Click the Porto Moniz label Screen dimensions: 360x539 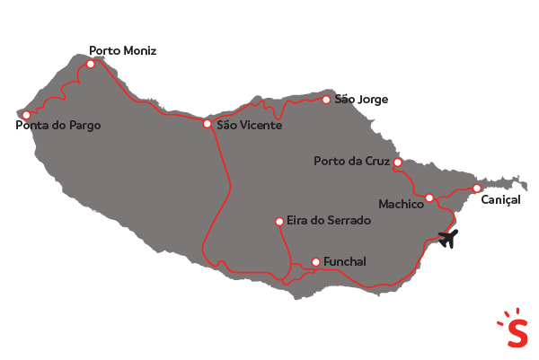pyautogui.click(x=122, y=51)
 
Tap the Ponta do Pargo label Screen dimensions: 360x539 pyautogui.click(x=58, y=126)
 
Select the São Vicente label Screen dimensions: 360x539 pyautogui.click(x=250, y=125)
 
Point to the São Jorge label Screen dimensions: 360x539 pyautogui.click(x=361, y=99)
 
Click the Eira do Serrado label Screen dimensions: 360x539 pyautogui.click(x=324, y=220)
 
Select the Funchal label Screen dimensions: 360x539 pyautogui.click(x=345, y=262)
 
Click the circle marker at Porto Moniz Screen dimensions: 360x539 pyautogui.click(x=90, y=64)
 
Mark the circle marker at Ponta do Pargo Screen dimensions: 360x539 pyautogui.click(x=26, y=115)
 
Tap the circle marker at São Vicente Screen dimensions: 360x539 pyautogui.click(x=207, y=124)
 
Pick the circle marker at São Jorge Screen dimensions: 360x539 pyautogui.click(x=326, y=99)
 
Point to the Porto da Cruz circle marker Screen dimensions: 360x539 pyautogui.click(x=398, y=162)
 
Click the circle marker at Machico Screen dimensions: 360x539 pyautogui.click(x=429, y=198)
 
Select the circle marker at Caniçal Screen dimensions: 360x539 pyautogui.click(x=476, y=188)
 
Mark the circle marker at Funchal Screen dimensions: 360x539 pyautogui.click(x=314, y=262)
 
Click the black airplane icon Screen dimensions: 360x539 pyautogui.click(x=448, y=239)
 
